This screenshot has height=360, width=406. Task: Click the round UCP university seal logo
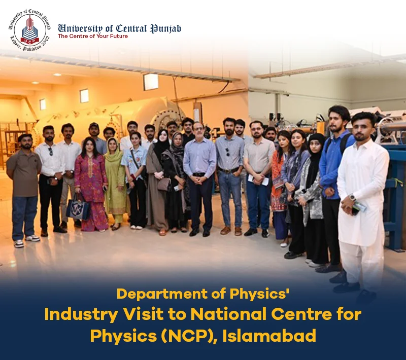point(30,30)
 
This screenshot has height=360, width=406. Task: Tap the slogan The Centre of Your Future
point(93,36)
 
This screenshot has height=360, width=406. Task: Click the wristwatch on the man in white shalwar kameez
point(352,197)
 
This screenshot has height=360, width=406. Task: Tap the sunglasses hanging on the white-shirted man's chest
point(50,151)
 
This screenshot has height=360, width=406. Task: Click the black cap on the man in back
point(94,125)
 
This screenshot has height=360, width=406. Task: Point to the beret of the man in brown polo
point(24,137)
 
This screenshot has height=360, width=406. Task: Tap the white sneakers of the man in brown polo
point(25,241)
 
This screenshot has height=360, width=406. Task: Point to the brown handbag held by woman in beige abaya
point(164,184)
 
